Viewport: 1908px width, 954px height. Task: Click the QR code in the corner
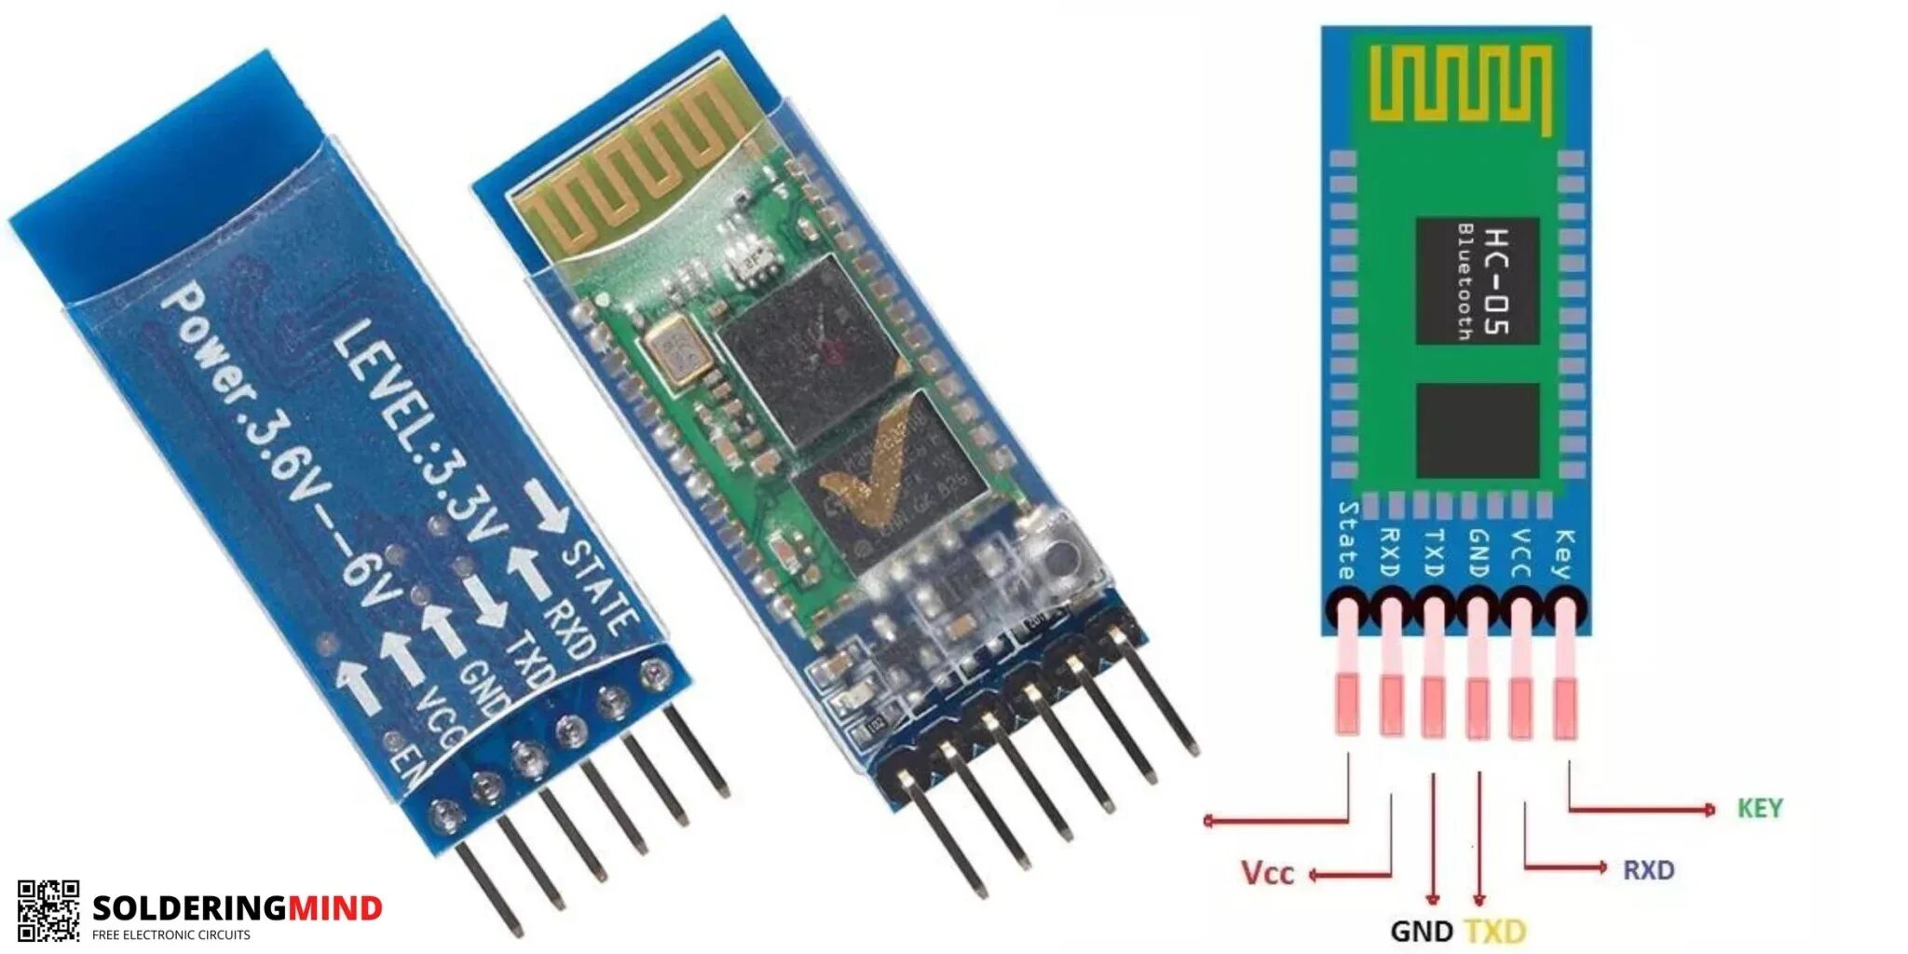coord(48,910)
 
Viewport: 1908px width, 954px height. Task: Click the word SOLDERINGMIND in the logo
coord(238,907)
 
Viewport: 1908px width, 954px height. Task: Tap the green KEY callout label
coord(1759,808)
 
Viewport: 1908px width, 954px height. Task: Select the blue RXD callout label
coord(1648,870)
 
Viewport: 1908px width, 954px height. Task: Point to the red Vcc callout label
coord(1267,873)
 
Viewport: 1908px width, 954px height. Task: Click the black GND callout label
coord(1421,931)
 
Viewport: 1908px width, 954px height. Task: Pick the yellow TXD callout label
coord(1494,931)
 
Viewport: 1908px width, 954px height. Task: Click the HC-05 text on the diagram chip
coord(1494,280)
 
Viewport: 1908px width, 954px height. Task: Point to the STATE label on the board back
coord(601,587)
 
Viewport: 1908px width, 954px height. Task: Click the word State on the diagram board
coord(1346,540)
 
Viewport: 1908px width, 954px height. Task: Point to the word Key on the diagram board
coord(1564,554)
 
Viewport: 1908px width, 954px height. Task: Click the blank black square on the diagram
coord(1477,430)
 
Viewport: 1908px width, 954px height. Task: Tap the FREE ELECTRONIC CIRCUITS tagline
coord(170,934)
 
